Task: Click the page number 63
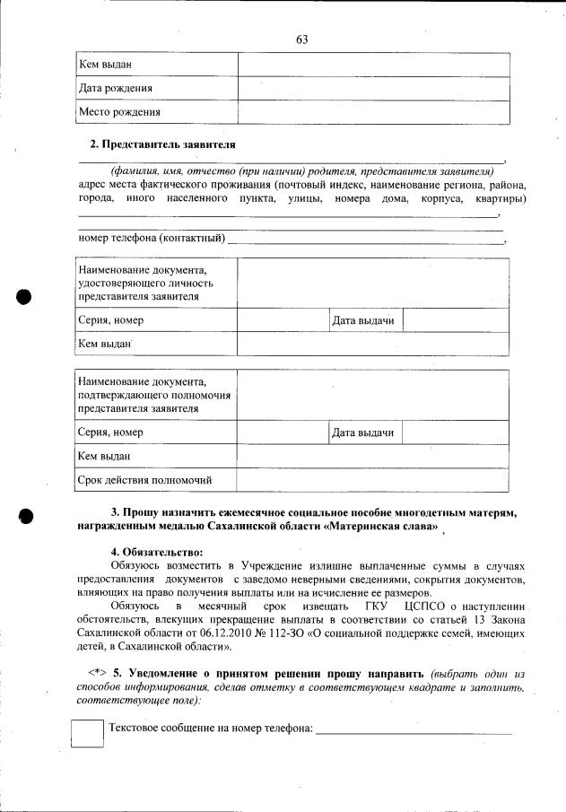click(301, 39)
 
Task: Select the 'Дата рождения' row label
click(115, 89)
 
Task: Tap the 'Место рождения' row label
click(119, 112)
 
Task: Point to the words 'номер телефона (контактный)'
click(151, 238)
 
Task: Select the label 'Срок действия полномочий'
click(144, 479)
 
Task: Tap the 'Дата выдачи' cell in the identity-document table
click(363, 320)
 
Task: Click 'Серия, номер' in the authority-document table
click(111, 432)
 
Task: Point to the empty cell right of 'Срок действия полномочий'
click(373, 479)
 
